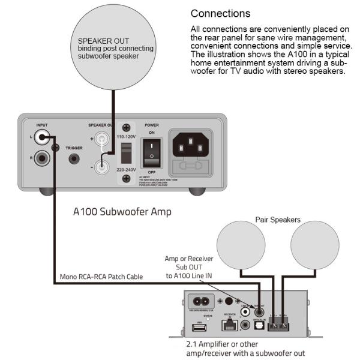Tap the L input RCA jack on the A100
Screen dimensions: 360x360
[x=42, y=138]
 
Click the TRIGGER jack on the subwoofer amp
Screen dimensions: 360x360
[x=74, y=159]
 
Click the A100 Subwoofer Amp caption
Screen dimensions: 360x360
[x=122, y=212]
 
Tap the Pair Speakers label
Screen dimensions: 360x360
[x=278, y=219]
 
